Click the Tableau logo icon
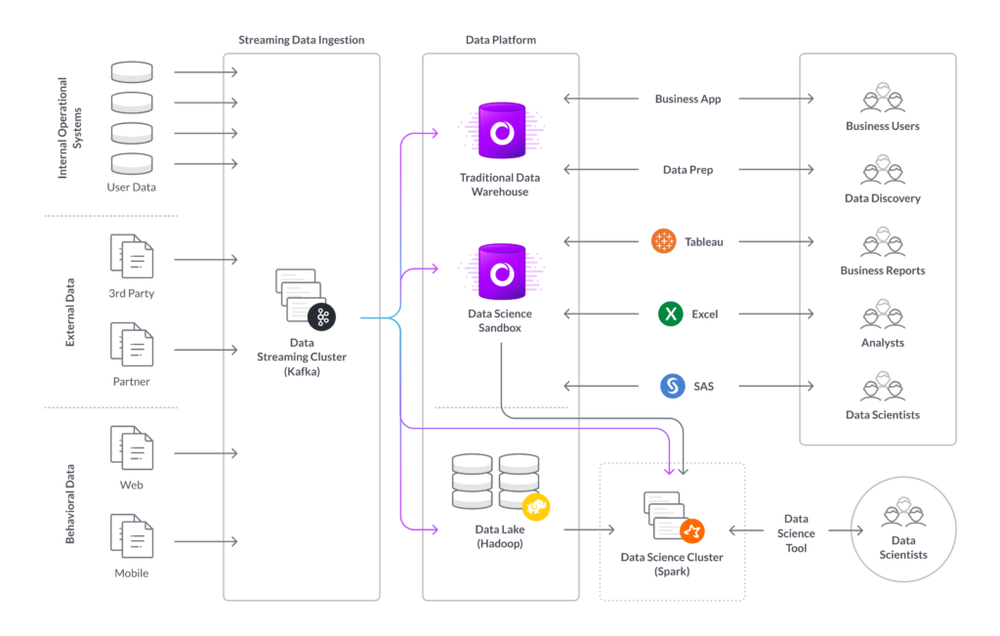click(x=663, y=241)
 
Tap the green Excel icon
click(x=670, y=314)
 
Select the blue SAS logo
click(x=672, y=386)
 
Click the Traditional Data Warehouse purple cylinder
click(x=502, y=131)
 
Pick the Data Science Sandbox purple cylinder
click(x=502, y=272)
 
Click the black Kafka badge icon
click(x=321, y=318)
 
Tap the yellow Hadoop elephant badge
click(x=536, y=507)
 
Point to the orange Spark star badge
click(x=692, y=530)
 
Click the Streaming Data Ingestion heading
click(x=302, y=39)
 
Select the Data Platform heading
click(x=501, y=39)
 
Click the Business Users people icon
click(x=883, y=98)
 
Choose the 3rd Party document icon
click(x=132, y=256)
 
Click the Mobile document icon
click(x=132, y=535)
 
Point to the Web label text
click(x=132, y=485)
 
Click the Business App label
click(x=687, y=99)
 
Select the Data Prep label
click(x=687, y=170)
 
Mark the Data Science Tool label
click(x=796, y=533)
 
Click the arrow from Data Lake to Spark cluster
click(x=589, y=530)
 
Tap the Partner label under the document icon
click(x=132, y=381)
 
